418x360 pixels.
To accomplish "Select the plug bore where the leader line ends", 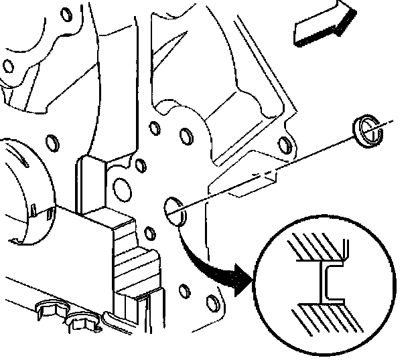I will (173, 210).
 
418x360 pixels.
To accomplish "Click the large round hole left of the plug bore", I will (124, 187).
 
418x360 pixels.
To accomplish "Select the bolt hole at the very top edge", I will (65, 13).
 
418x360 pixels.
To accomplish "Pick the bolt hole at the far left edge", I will (8, 66).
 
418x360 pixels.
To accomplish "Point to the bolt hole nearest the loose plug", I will (284, 145).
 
